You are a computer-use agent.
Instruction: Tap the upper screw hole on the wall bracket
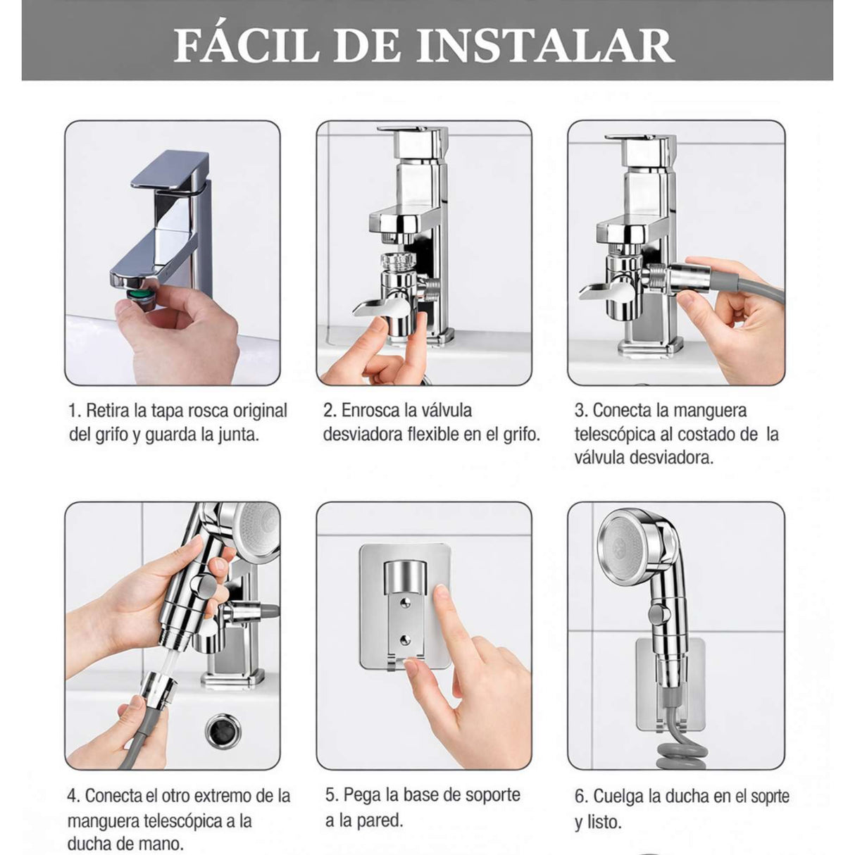coord(405,600)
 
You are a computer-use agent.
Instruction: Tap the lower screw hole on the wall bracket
coord(405,639)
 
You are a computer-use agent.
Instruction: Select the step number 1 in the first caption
coord(73,411)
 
